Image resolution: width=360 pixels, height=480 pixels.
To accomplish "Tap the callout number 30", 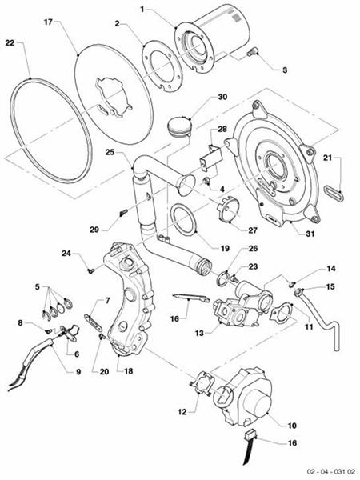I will click(x=223, y=97).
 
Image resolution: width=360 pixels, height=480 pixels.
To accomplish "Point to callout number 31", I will click(x=301, y=234).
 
